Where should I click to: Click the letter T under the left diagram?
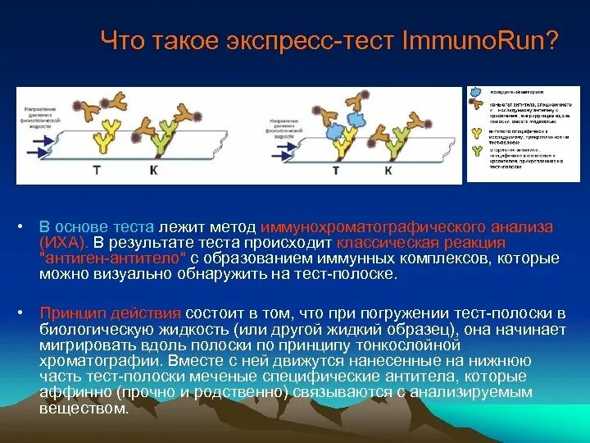96,170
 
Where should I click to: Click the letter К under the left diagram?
152,170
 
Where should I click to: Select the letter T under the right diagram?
335,170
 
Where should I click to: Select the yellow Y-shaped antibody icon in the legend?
474,132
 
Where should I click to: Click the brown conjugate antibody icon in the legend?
474,106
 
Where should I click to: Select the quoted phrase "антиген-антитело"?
114,258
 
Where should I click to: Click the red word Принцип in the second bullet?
68,313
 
